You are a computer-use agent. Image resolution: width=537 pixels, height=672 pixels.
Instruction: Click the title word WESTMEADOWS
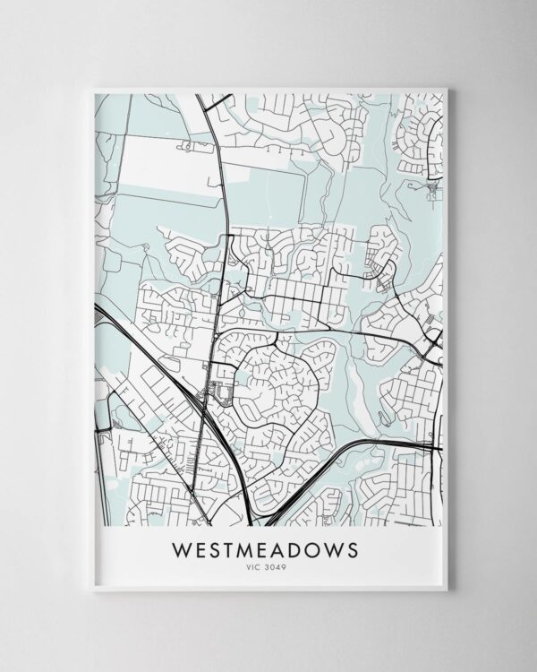pyautogui.click(x=268, y=547)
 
